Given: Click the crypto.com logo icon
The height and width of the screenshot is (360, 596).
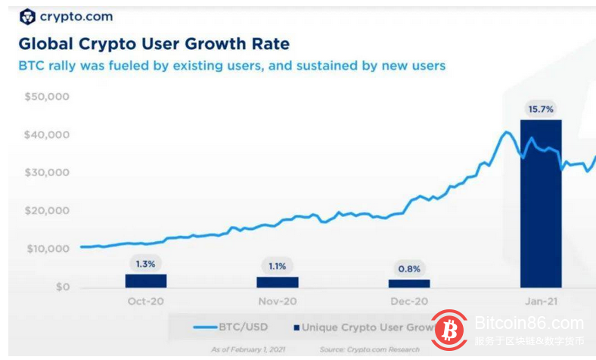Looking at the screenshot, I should point(27,17).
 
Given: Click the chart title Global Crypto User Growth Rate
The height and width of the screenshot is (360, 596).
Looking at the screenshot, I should point(154,44).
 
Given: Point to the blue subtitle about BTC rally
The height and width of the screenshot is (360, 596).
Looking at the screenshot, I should point(231,66).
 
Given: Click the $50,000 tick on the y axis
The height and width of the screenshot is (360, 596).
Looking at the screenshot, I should point(47,98).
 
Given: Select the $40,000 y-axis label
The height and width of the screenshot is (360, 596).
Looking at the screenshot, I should point(47,135).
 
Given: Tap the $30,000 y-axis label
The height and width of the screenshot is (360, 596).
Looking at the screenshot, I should point(47,173).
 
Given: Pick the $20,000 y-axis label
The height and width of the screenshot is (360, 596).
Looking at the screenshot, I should point(47,211).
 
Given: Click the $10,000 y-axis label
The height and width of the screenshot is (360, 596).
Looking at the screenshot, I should point(47,250).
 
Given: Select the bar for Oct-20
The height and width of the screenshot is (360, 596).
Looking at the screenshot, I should point(146,281).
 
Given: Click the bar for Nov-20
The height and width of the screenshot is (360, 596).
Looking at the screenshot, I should point(278,282).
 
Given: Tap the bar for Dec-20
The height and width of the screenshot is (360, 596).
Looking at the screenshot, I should point(409,284).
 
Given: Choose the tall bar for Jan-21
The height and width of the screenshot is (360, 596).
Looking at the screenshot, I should point(541,204).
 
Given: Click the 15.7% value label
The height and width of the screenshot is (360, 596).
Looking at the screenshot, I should point(541,109).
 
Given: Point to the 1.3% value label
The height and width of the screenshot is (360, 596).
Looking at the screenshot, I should point(146,264).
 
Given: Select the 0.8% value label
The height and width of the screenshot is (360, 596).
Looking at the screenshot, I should point(409,269).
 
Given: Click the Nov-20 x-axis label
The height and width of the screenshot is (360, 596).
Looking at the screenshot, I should point(278,301).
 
